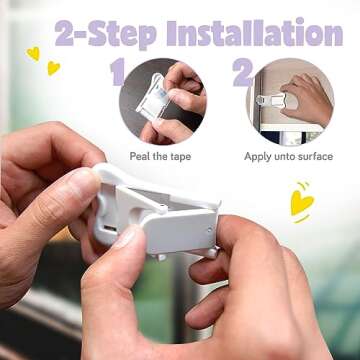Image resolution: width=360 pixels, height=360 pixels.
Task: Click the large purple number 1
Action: tap(117, 73)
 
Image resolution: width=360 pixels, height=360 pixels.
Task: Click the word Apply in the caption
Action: tap(259, 156)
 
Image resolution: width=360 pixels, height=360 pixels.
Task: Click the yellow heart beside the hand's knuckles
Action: tap(301, 201)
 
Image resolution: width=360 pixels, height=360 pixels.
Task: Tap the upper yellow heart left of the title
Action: tap(33, 52)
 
